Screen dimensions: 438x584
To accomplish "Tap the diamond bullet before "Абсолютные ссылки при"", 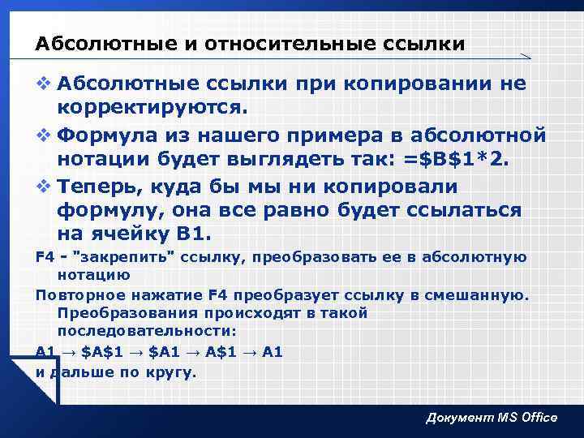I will (x=42, y=84).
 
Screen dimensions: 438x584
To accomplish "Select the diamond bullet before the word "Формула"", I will (x=42, y=135).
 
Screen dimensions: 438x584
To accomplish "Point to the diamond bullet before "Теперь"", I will (x=42, y=187).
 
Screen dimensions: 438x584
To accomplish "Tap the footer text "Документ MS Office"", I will (x=492, y=417).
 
